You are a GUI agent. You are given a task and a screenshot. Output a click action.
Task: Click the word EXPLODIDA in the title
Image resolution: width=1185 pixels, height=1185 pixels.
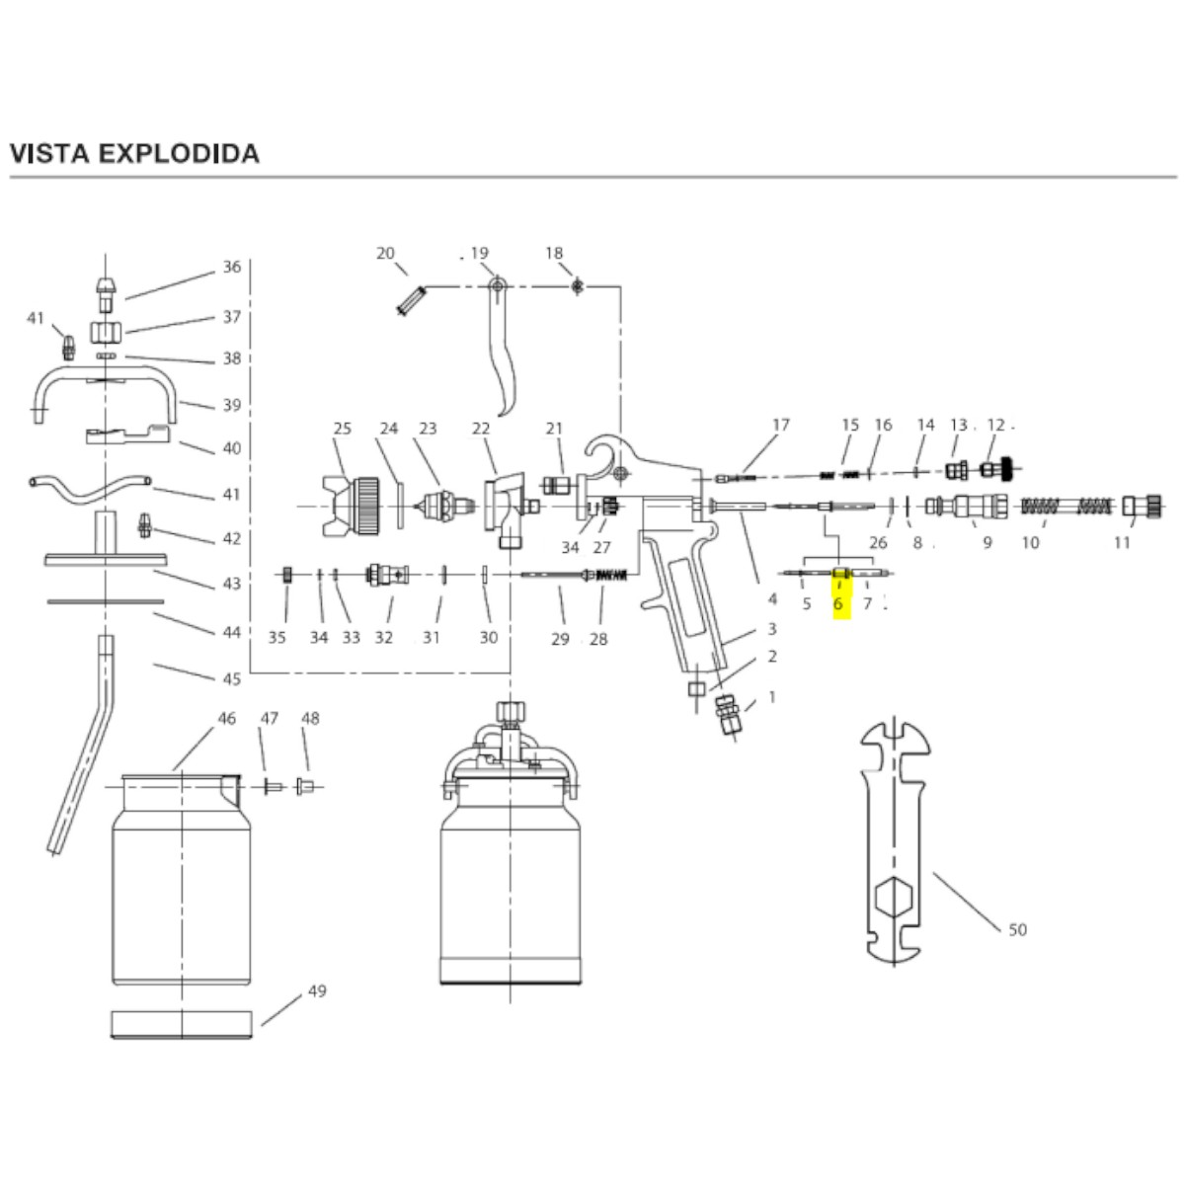(180, 154)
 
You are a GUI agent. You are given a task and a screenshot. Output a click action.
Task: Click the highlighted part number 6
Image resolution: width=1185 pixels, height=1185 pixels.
(837, 604)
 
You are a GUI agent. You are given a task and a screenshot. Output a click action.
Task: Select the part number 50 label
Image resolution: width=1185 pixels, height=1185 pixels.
(1018, 930)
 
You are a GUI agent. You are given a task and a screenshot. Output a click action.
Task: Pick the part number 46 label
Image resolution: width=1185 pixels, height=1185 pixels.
(227, 718)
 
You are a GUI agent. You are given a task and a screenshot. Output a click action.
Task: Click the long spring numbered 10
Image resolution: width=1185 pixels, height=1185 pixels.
(1066, 507)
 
